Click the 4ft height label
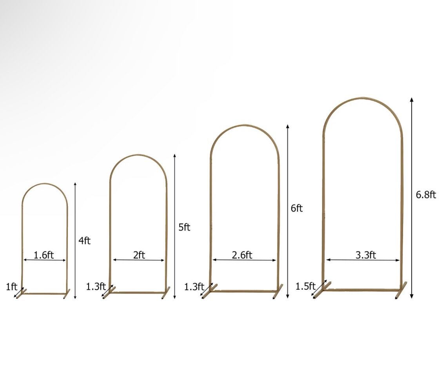point(84,241)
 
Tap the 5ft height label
point(184,227)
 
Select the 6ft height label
point(296,209)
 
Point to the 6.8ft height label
point(426,194)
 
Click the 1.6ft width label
point(44,255)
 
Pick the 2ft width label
point(139,255)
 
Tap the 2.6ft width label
point(242,255)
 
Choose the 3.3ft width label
point(366,255)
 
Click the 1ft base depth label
point(11,287)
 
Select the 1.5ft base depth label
point(305,286)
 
